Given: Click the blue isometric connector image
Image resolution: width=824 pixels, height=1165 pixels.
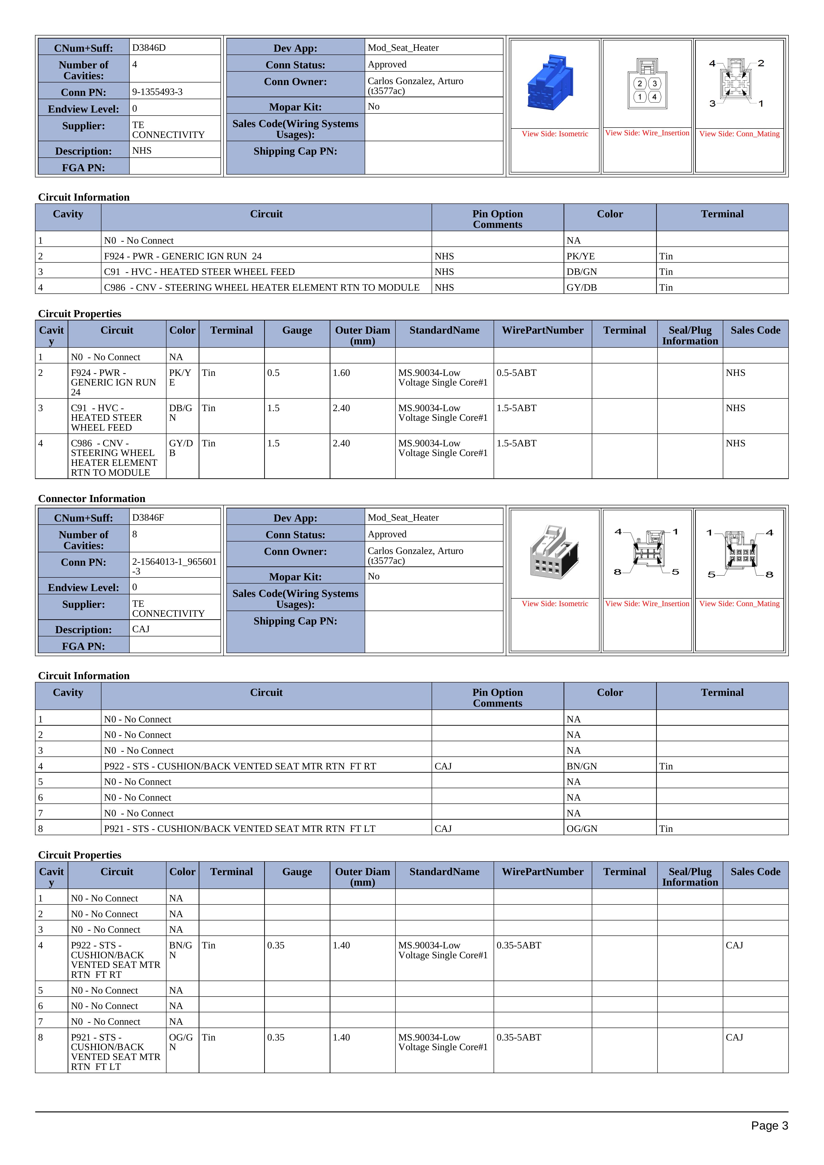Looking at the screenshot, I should tap(552, 83).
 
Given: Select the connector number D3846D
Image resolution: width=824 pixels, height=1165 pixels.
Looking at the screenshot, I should tap(149, 48).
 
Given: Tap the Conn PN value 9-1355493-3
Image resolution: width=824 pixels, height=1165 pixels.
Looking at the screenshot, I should tap(157, 92).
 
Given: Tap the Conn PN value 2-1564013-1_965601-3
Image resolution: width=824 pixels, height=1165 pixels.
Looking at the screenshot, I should tap(174, 566).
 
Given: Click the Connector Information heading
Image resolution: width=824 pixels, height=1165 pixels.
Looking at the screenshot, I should tap(91, 499).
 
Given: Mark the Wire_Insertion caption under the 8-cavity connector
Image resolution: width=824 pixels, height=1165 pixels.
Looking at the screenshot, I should tap(647, 604).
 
